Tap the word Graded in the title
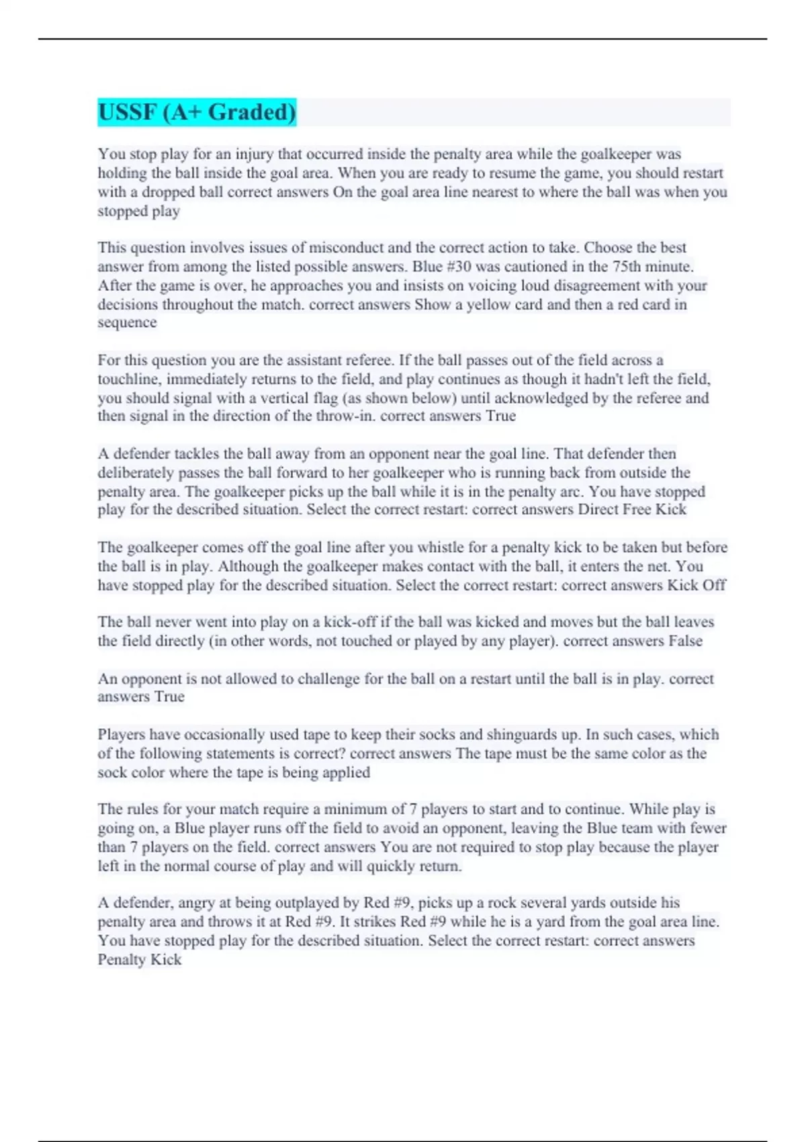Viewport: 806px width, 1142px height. click(x=251, y=112)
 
